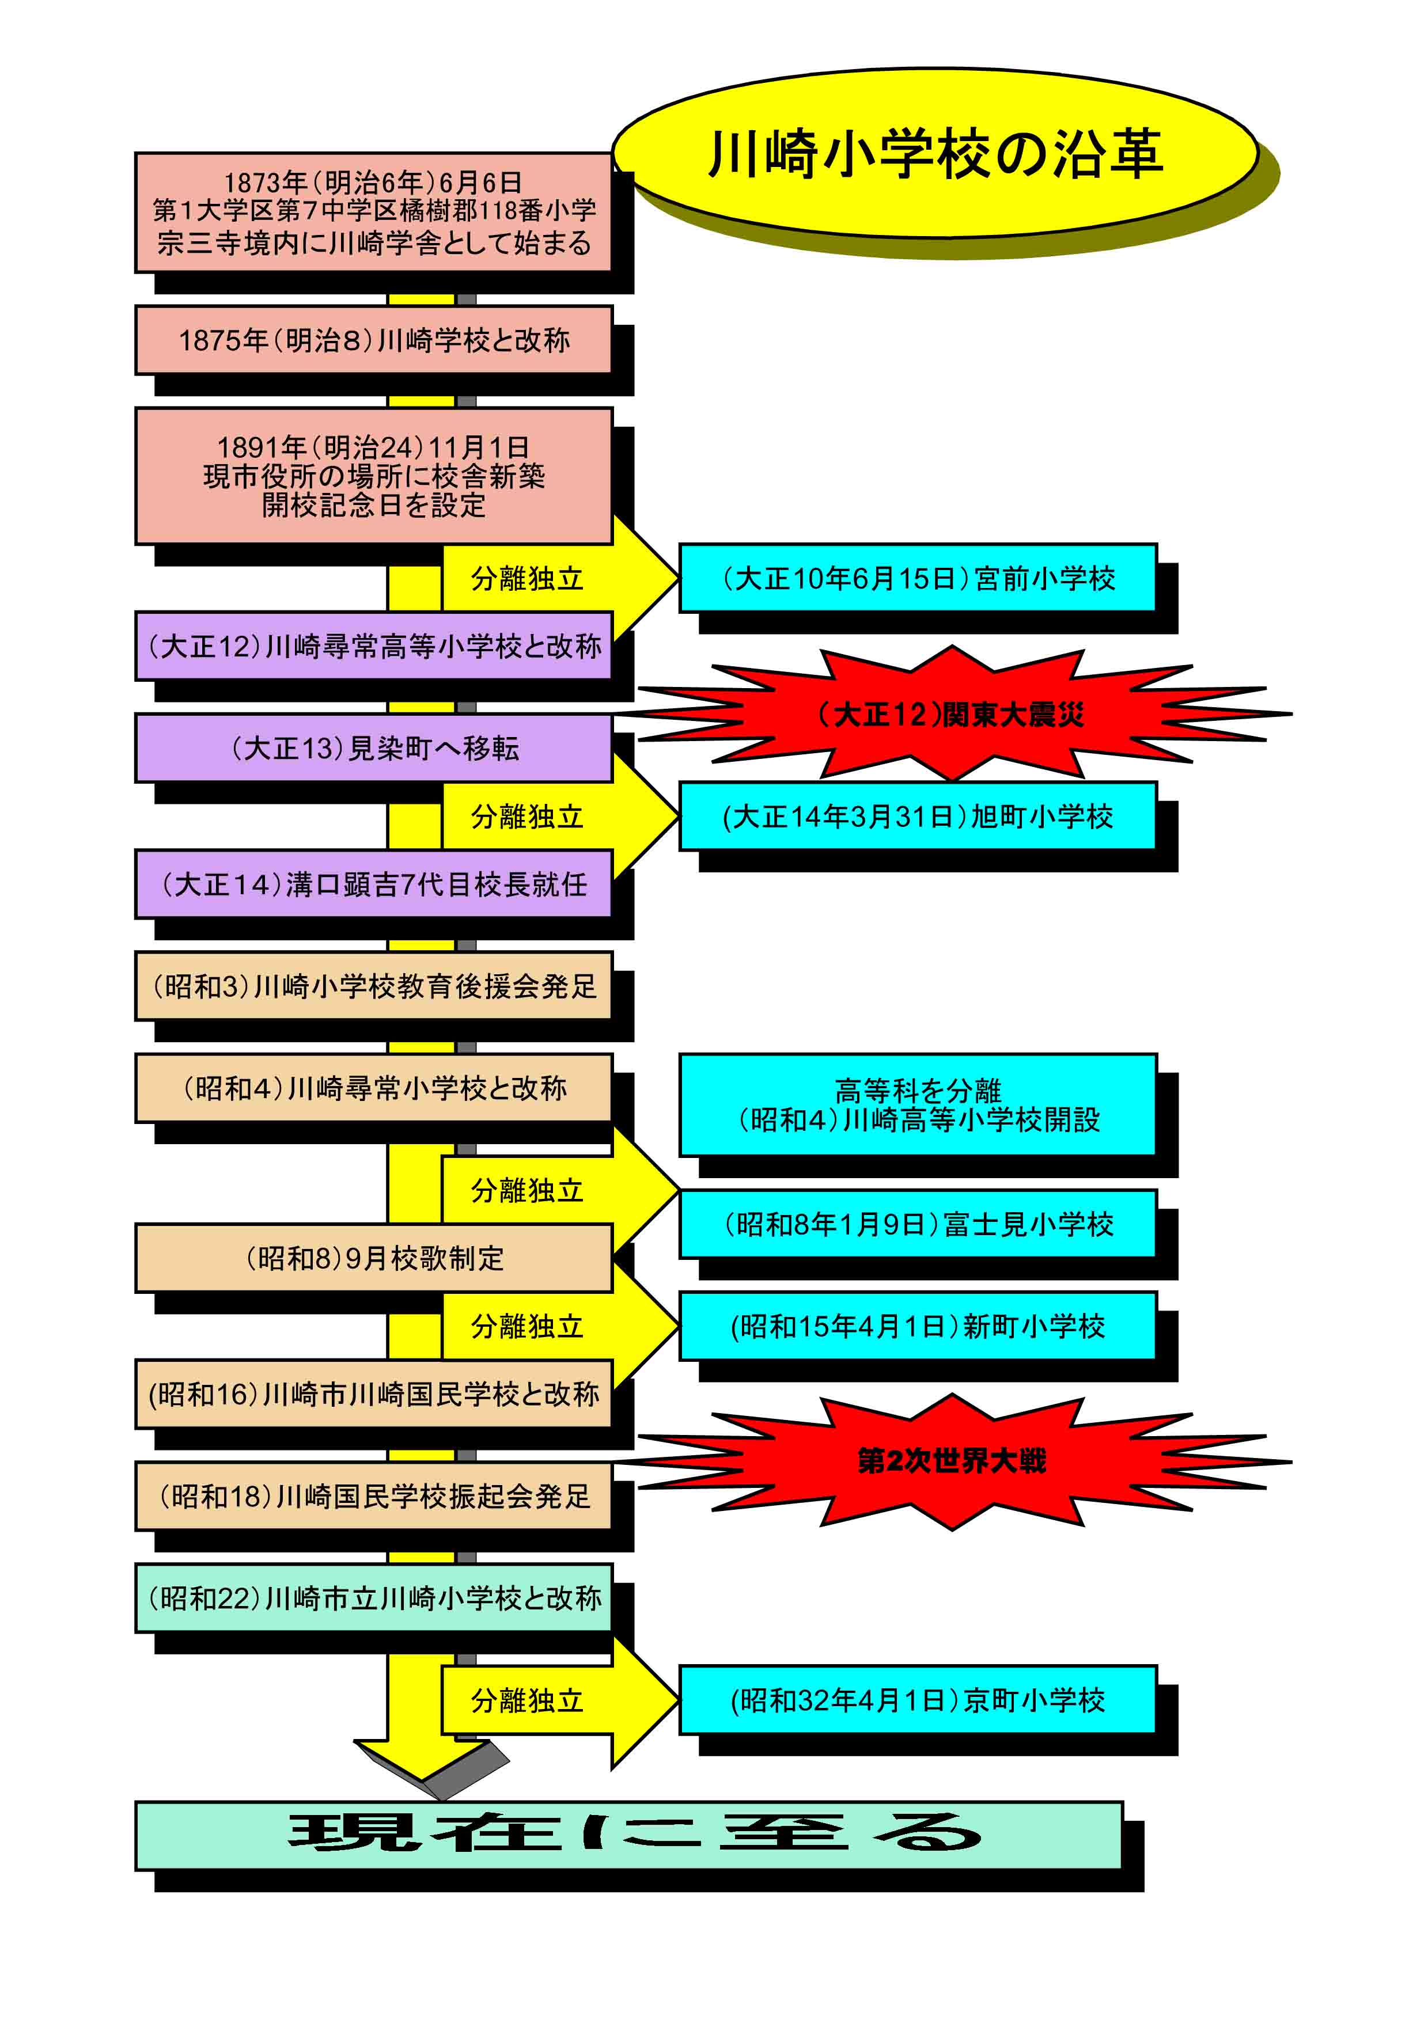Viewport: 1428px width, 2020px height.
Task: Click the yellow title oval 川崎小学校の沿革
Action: tap(934, 153)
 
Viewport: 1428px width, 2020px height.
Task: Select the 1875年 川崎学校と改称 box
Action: tap(374, 340)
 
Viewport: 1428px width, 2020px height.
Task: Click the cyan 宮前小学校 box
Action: tap(918, 578)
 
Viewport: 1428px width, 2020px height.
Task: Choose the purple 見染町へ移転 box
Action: tap(374, 748)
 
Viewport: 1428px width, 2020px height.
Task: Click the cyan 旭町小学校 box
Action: tap(918, 817)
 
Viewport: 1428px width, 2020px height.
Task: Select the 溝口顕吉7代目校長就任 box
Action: tap(374, 884)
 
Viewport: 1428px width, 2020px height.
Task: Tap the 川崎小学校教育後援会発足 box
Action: tap(374, 986)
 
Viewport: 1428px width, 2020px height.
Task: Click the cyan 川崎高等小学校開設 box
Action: tap(918, 1105)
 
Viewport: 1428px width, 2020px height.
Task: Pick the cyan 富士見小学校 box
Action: tap(918, 1224)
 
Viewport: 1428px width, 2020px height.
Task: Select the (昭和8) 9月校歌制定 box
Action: tap(374, 1258)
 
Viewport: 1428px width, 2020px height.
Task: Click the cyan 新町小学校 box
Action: tap(918, 1326)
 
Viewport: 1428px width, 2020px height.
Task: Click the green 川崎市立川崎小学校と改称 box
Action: tap(374, 1598)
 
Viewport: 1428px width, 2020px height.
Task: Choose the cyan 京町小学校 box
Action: tap(918, 1700)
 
